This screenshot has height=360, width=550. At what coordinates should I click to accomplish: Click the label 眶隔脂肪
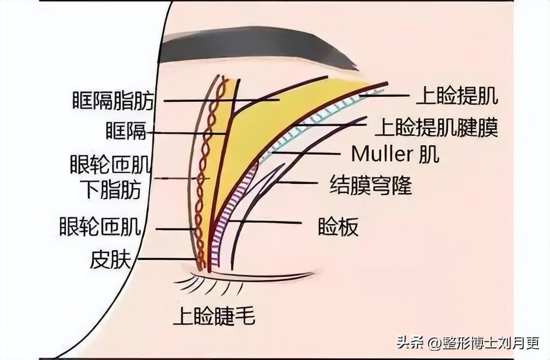coord(113,101)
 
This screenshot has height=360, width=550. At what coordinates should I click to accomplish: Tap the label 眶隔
coord(126,131)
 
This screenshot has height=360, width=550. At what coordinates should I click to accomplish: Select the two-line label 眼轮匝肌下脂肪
coord(111,177)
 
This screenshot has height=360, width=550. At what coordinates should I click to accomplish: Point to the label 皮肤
coord(111,260)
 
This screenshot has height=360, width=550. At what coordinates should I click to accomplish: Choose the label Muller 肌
coord(395,154)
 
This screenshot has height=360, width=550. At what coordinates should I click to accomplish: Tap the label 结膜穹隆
coord(371,185)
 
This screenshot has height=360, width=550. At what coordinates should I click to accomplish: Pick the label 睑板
coord(338,227)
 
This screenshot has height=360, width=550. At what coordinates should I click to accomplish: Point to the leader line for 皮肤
coord(168,259)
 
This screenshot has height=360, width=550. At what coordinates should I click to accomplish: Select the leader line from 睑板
coord(265,222)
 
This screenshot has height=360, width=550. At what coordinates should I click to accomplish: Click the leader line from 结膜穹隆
coord(298,183)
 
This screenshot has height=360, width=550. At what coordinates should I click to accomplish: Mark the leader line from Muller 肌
coord(306,153)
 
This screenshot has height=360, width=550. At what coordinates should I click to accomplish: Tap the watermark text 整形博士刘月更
coord(491,343)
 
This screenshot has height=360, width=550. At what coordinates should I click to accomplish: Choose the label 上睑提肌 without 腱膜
coord(457,96)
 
